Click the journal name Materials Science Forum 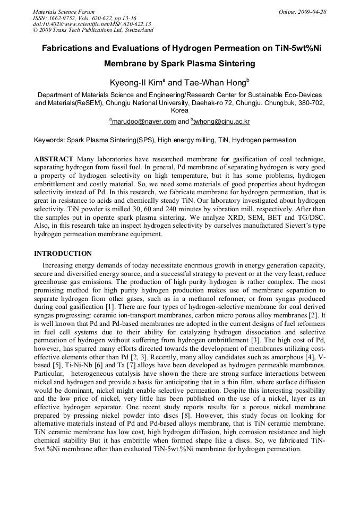pyautogui.click(x=64, y=12)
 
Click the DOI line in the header pyautogui.click(x=92, y=24)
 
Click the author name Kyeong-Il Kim pyautogui.click(x=136, y=82)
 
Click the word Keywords pyautogui.click(x=49, y=140)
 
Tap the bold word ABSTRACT pyautogui.click(x=54, y=159)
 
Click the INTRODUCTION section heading pyautogui.click(x=63, y=254)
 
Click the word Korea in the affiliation pyautogui.click(x=179, y=111)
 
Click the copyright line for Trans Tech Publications pyautogui.click(x=93, y=30)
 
